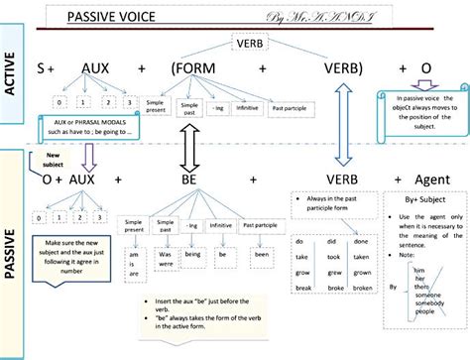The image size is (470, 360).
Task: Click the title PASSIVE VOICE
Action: [x=120, y=16]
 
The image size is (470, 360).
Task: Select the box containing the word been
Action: [x=261, y=254]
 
